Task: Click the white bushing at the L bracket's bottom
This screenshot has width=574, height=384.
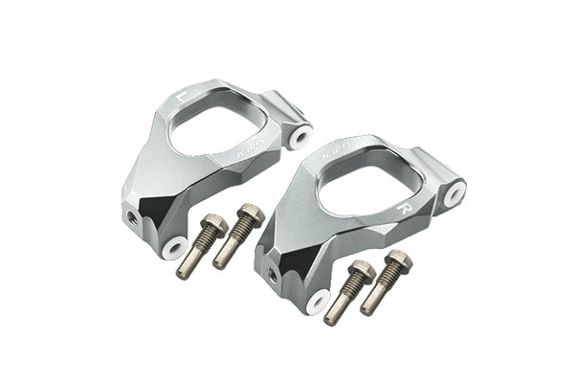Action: [174, 248]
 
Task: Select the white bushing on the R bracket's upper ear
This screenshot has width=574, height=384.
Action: [454, 193]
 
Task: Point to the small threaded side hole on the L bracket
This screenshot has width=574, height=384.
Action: [129, 217]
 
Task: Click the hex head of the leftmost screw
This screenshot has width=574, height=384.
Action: [215, 226]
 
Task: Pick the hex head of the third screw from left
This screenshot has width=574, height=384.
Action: [362, 271]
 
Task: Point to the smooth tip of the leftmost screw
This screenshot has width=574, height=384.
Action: [184, 272]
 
